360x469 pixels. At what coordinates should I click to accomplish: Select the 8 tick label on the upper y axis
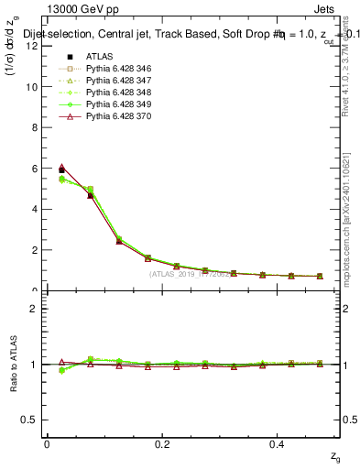(x=33, y=127)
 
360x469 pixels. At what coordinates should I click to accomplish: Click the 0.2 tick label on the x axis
(x=162, y=443)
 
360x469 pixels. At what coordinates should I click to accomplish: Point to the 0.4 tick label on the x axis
(x=278, y=443)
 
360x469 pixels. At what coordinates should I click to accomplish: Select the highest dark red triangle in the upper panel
(x=61, y=168)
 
